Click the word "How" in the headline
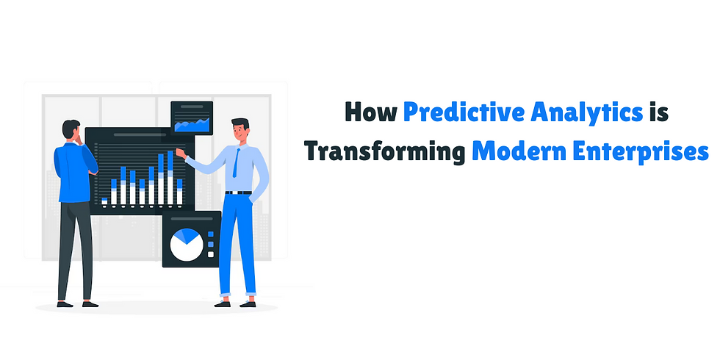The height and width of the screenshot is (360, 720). point(370,113)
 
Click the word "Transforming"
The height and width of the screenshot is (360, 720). point(385,153)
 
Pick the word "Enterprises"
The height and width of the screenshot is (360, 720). point(640,153)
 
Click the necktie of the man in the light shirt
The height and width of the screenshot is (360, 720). point(237,162)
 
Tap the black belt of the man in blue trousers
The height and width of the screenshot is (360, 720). point(238,192)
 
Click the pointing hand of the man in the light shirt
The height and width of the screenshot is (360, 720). point(181,154)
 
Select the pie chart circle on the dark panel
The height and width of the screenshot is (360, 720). point(187,245)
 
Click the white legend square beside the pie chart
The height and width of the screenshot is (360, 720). point(211,254)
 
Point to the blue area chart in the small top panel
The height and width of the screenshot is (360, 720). point(192,125)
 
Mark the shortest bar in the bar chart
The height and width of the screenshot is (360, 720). point(104,201)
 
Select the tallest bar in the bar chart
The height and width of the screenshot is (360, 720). point(170,178)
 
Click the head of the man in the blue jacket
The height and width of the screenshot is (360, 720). point(71,129)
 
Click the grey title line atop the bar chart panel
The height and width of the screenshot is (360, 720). point(140,135)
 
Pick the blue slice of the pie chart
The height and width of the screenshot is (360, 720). point(189,235)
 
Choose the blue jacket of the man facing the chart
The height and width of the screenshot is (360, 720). point(73,173)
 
